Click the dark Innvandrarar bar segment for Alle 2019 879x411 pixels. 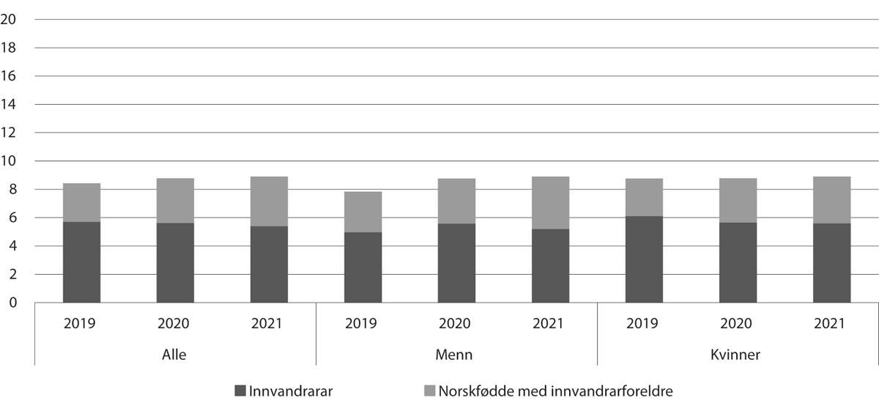(81, 262)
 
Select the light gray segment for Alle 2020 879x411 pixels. (175, 200)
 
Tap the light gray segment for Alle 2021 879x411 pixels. (269, 201)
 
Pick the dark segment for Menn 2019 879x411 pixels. (363, 267)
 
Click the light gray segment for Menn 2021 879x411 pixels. (550, 202)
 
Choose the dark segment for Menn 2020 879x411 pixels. (456, 263)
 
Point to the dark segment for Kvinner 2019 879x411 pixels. (644, 259)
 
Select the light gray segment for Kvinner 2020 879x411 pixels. (738, 200)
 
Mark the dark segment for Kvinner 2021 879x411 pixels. (831, 263)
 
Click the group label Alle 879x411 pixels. (175, 355)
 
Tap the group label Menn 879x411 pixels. (456, 355)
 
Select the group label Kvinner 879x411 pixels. (738, 355)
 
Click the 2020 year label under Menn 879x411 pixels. (456, 323)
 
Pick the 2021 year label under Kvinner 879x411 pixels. (831, 323)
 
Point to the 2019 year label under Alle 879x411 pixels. (81, 323)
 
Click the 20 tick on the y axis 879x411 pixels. (10, 20)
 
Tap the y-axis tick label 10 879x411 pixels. (10, 161)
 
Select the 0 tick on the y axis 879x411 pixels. (12, 303)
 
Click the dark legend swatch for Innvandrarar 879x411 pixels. (240, 391)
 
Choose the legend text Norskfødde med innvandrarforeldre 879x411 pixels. (555, 391)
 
